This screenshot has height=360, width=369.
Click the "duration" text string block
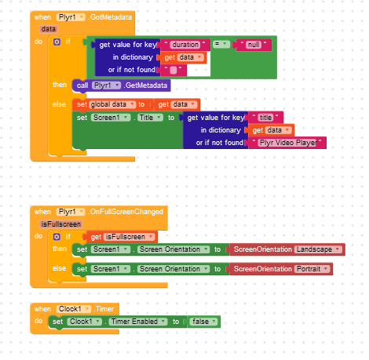pyautogui.click(x=185, y=45)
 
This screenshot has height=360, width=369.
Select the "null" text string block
pyautogui.click(x=254, y=45)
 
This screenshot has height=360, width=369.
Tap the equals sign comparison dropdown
pyautogui.click(x=221, y=44)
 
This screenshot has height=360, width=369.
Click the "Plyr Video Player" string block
pyautogui.click(x=287, y=143)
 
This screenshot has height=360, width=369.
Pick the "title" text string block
pyautogui.click(x=265, y=118)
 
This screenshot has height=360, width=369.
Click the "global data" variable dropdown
pyautogui.click(x=112, y=104)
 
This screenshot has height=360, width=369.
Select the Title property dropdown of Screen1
pyautogui.click(x=150, y=118)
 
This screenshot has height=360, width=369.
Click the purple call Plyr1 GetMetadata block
pyautogui.click(x=122, y=85)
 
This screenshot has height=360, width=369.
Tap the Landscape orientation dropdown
pyautogui.click(x=319, y=249)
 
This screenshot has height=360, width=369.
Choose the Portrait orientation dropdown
pyautogui.click(x=312, y=269)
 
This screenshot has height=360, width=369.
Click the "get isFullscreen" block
pyautogui.click(x=122, y=237)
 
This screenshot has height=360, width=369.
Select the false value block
pyautogui.click(x=204, y=322)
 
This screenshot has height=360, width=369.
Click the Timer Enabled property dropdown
pyautogui.click(x=138, y=322)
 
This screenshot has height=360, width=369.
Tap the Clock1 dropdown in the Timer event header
pyautogui.click(x=74, y=309)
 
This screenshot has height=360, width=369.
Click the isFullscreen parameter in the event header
pyautogui.click(x=61, y=224)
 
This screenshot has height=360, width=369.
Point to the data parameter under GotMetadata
pyautogui.click(x=49, y=29)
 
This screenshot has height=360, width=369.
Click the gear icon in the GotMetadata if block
pyautogui.click(x=57, y=42)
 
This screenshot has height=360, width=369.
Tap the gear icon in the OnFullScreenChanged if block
pyautogui.click(x=57, y=237)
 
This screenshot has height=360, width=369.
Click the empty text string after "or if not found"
pyautogui.click(x=174, y=70)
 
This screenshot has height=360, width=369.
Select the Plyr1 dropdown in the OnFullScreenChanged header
pyautogui.click(x=71, y=212)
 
